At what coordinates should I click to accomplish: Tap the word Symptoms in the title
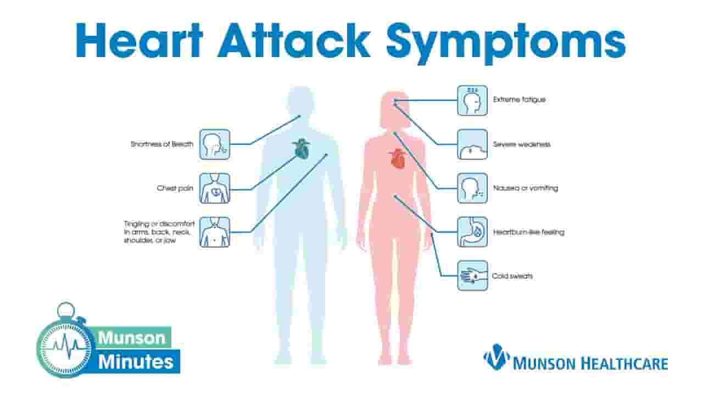tap(506, 43)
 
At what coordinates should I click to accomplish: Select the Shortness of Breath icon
tap(215, 144)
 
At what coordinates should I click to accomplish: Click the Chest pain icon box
tap(215, 188)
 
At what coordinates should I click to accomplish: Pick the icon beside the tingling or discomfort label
tap(215, 232)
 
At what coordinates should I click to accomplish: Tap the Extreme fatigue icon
tap(472, 100)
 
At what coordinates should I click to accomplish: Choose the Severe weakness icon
tap(472, 144)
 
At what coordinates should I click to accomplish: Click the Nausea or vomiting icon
tap(472, 188)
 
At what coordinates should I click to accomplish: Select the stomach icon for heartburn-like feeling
tap(472, 232)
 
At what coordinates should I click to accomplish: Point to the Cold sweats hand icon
tap(472, 276)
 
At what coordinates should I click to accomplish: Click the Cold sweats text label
tap(512, 276)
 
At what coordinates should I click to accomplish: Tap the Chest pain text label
tap(175, 188)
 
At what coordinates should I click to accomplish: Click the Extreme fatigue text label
tap(520, 100)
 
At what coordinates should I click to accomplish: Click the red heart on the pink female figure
tap(398, 159)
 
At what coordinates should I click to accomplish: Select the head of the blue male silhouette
tap(301, 101)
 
